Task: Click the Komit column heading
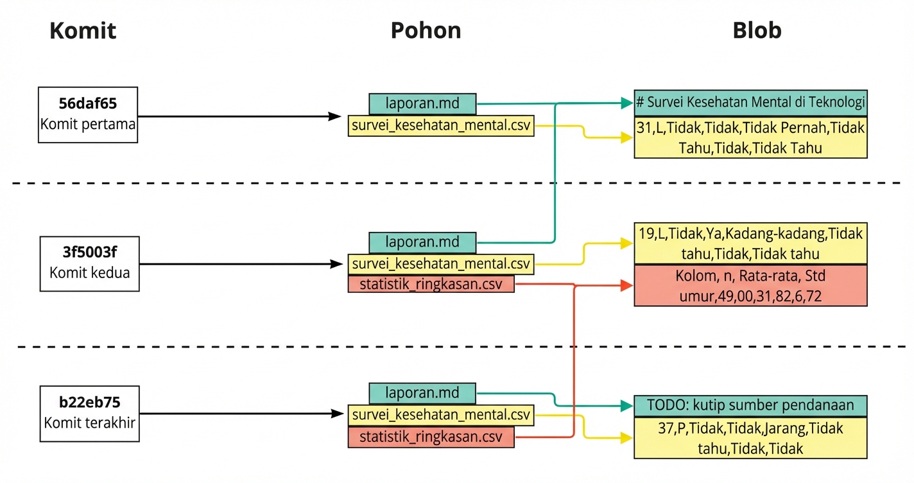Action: point(83,31)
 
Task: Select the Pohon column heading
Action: point(426,31)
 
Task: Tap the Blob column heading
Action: point(757,31)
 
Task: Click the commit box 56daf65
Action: point(88,114)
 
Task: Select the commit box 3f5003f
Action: point(89,263)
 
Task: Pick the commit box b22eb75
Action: point(89,414)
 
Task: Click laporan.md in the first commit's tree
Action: point(422,103)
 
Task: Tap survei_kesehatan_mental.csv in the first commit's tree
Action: point(441,125)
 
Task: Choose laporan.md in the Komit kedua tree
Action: point(422,242)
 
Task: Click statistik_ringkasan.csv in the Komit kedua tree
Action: point(431,283)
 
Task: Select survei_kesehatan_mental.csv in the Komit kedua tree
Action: point(441,263)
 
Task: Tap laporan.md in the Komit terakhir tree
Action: point(422,393)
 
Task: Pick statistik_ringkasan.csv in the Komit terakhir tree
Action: point(431,437)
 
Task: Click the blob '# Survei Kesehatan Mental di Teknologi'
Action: point(750,102)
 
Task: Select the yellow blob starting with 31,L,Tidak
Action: point(750,137)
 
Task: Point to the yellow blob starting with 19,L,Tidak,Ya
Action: point(750,243)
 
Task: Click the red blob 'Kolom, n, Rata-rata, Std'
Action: point(750,285)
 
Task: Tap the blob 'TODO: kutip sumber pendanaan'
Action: point(750,405)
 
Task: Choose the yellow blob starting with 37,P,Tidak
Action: point(750,438)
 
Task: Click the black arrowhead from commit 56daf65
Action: point(334,116)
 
